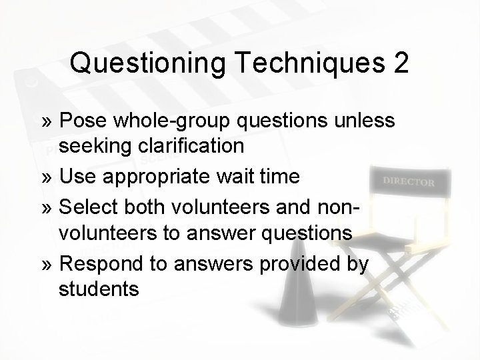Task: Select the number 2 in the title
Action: pyautogui.click(x=401, y=63)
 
